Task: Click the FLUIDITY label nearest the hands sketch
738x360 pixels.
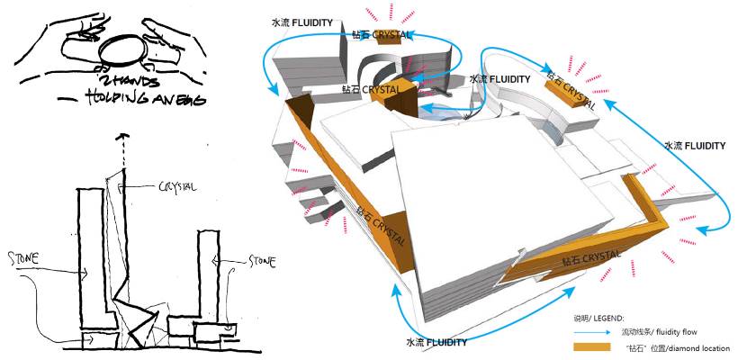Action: point(301,20)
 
